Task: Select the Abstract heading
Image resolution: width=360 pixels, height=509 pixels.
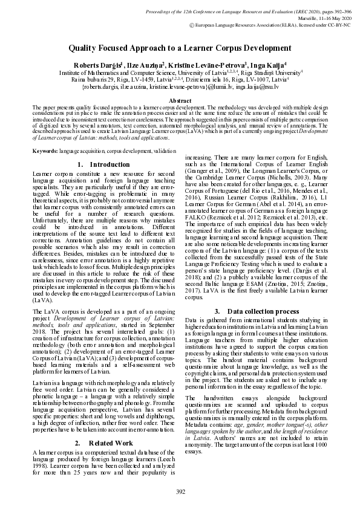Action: [x=180, y=100]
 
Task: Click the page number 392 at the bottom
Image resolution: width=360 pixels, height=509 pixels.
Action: [x=180, y=491]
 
